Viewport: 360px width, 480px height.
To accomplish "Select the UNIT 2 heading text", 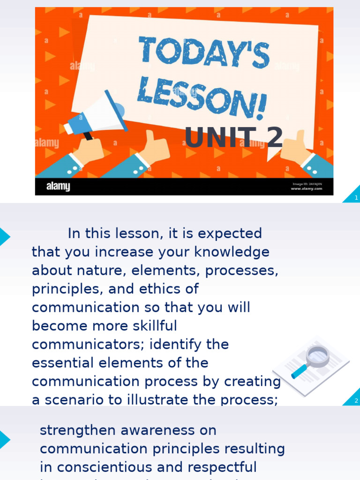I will click(x=233, y=137).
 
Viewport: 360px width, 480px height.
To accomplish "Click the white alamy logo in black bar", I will click(x=58, y=187).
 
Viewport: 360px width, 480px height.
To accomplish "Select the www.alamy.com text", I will click(x=306, y=188).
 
